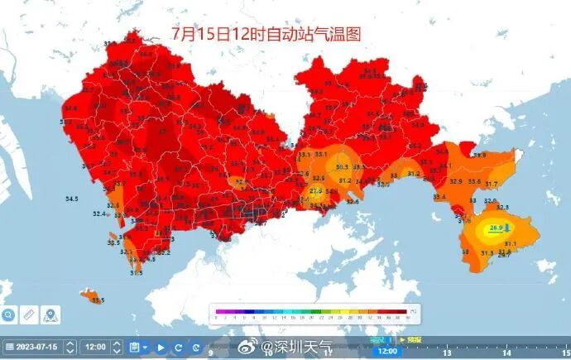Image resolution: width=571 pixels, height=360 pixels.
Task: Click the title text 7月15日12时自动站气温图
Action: coord(266,34)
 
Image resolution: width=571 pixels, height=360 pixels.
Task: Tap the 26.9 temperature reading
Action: coord(497,228)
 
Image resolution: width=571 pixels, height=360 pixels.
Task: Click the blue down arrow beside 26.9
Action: coord(508,227)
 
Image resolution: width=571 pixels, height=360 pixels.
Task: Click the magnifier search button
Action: coord(7,314)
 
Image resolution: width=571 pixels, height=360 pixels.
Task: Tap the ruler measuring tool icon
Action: coord(29,314)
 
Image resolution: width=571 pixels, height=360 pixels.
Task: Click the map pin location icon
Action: coord(50,314)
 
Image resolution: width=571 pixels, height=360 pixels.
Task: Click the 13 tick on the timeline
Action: coord(446,352)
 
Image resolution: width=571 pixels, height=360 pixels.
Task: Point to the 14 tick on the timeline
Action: coord(506,352)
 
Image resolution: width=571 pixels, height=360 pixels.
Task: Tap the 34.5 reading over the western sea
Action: coord(71,199)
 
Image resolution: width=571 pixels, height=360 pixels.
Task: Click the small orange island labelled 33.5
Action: coord(85,294)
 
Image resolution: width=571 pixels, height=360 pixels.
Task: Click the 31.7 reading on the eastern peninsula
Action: coord(492,184)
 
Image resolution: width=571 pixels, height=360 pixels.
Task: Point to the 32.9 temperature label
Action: coord(455,181)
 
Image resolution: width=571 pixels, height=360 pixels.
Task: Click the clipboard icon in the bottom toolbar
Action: coord(134,348)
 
